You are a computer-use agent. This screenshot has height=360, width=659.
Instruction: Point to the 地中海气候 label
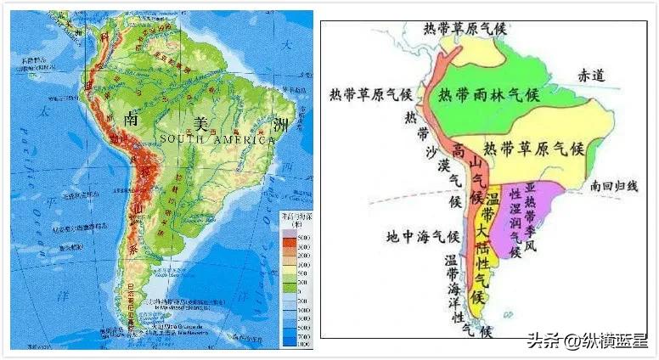422,236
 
